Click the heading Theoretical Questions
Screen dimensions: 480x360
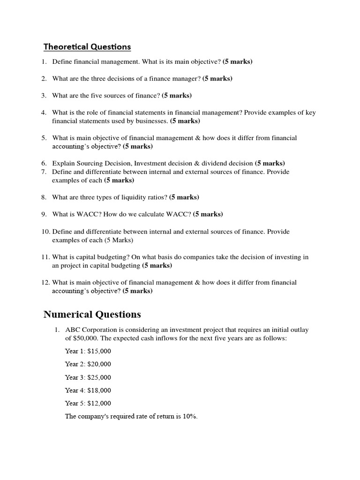pyautogui.click(x=87, y=47)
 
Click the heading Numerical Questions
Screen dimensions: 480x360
pyautogui.click(x=92, y=314)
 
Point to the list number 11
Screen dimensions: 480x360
pyautogui.click(x=45, y=257)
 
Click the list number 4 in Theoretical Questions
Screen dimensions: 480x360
pyautogui.click(x=44, y=112)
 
